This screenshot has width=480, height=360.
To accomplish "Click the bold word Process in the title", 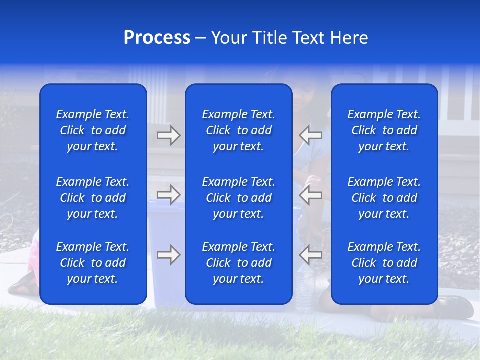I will point(157,38).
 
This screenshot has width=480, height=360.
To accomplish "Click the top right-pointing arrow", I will point(168,135).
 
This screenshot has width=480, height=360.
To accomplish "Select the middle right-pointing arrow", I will point(168,195).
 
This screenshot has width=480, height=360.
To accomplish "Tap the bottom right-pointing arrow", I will point(168,255).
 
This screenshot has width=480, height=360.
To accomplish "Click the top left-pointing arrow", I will point(311,135).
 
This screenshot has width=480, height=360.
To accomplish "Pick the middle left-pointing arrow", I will point(311,195).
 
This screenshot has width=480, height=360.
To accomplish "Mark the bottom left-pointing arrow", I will point(311,255).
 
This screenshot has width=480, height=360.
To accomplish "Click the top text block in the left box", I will point(93,130).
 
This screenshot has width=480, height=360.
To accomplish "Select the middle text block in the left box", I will point(93,198).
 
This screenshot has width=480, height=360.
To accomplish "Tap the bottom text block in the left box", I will point(93,263).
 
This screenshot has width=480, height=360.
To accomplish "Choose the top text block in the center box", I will point(238,130).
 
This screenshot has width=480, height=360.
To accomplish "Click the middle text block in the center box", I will point(238,198).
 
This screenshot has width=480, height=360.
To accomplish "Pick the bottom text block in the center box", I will point(238,263).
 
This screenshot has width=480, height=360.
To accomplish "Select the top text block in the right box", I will point(384,130).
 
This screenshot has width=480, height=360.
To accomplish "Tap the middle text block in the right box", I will point(384,198).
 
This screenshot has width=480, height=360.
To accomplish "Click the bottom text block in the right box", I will point(384,263).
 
